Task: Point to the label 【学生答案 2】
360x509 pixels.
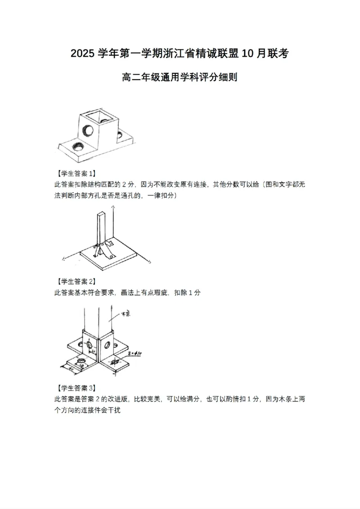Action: pos(74,281)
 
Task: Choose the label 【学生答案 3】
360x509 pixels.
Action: pos(74,388)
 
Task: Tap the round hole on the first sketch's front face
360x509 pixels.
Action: pos(87,130)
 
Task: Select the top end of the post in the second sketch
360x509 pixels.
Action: pos(101,215)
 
